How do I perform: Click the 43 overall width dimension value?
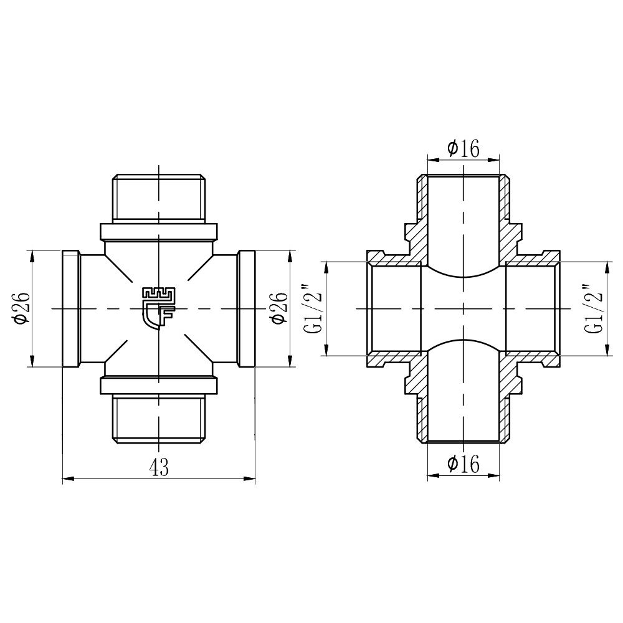point(159,467)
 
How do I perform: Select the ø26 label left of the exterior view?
point(21,308)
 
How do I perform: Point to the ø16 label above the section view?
point(463,148)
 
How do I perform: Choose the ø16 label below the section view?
point(463,464)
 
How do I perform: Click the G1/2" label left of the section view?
point(315,309)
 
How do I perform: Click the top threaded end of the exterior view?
point(159,198)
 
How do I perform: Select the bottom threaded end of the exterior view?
point(159,418)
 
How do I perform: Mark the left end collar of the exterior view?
point(71,309)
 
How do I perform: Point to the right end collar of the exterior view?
point(247,309)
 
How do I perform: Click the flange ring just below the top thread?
point(159,231)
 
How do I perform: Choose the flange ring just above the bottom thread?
point(159,386)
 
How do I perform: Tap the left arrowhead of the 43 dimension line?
point(67,479)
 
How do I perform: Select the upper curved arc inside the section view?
point(463,275)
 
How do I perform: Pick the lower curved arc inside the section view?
point(463,342)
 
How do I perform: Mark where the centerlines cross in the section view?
point(463,309)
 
